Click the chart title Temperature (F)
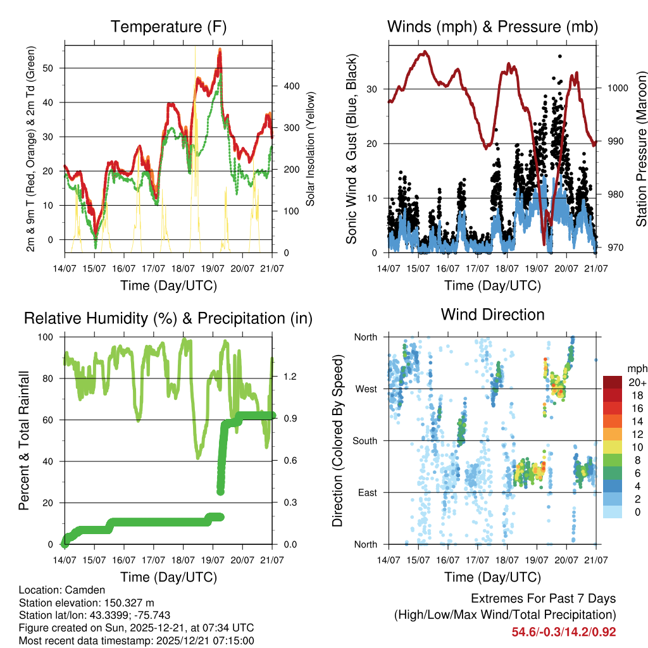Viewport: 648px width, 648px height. (x=168, y=27)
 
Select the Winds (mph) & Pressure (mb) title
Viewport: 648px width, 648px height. (x=492, y=27)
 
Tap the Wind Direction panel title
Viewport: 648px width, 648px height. (x=492, y=315)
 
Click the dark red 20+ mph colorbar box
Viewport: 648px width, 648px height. (x=612, y=382)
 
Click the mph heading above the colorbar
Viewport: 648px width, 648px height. (x=636, y=368)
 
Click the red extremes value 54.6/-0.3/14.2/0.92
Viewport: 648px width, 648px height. (x=564, y=632)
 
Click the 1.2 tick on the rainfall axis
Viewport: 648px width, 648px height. (x=290, y=377)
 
